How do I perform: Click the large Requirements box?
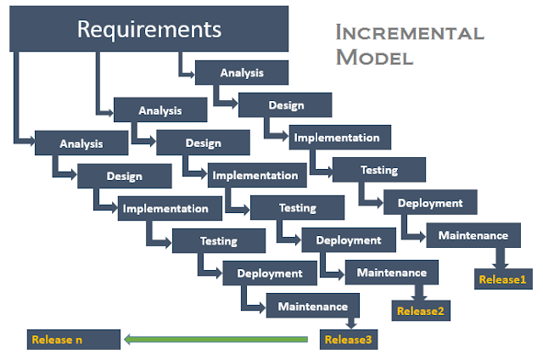(149, 29)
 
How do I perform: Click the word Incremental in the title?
(410, 32)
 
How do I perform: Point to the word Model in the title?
(374, 57)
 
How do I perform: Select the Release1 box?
(503, 279)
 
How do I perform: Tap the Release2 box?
(421, 311)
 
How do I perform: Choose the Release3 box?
(349, 340)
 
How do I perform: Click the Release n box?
(74, 340)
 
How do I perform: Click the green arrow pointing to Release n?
(216, 340)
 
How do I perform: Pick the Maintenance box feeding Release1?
(473, 235)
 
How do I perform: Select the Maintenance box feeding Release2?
(392, 273)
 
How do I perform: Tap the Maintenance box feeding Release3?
(313, 306)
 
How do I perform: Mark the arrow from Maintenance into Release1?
(501, 258)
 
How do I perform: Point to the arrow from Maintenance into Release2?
(419, 292)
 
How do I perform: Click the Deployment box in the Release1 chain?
(430, 202)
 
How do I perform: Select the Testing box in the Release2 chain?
(297, 207)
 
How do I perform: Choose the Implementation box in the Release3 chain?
(170, 208)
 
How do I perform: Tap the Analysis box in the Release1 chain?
(242, 72)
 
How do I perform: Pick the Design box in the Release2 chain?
(203, 143)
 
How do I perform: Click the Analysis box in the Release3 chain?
(81, 143)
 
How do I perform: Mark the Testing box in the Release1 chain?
(379, 170)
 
